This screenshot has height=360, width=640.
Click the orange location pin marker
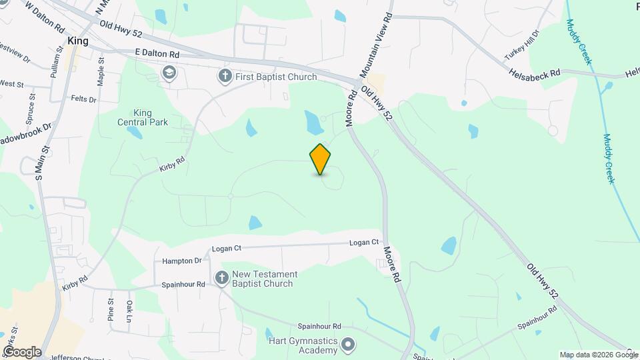tap(321, 159)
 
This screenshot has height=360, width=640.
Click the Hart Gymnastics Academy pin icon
tap(347, 345)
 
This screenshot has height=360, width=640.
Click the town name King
tap(78, 41)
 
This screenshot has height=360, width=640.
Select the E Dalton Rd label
tap(157, 53)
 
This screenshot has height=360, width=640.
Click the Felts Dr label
tap(83, 99)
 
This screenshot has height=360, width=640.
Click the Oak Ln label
tap(130, 310)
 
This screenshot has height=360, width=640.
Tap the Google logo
tap(21, 352)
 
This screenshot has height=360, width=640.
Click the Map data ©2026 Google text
tap(598, 355)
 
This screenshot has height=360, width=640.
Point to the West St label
tap(12, 84)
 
